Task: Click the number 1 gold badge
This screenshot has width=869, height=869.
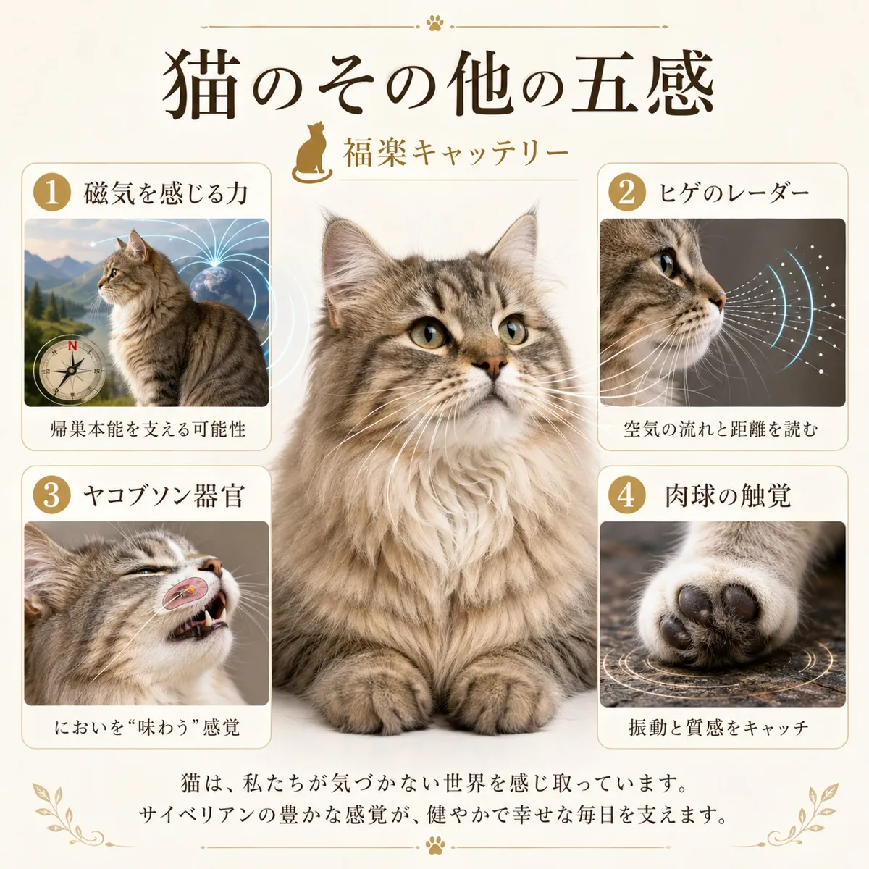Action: click(51, 193)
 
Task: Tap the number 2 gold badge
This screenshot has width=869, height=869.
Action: click(626, 193)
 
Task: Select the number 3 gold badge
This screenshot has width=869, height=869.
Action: click(51, 495)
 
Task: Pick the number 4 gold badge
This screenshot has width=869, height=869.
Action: click(626, 495)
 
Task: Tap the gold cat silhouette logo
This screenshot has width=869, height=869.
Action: click(312, 153)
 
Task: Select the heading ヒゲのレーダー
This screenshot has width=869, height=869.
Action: click(734, 193)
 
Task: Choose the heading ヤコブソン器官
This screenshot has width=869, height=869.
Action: click(163, 496)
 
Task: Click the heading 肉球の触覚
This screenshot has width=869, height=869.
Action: click(728, 496)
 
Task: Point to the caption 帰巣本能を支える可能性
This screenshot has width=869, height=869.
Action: click(148, 429)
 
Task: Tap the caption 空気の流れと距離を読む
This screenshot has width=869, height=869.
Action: click(721, 429)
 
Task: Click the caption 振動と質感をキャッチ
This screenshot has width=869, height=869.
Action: click(718, 727)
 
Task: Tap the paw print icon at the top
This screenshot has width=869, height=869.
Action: click(434, 24)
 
